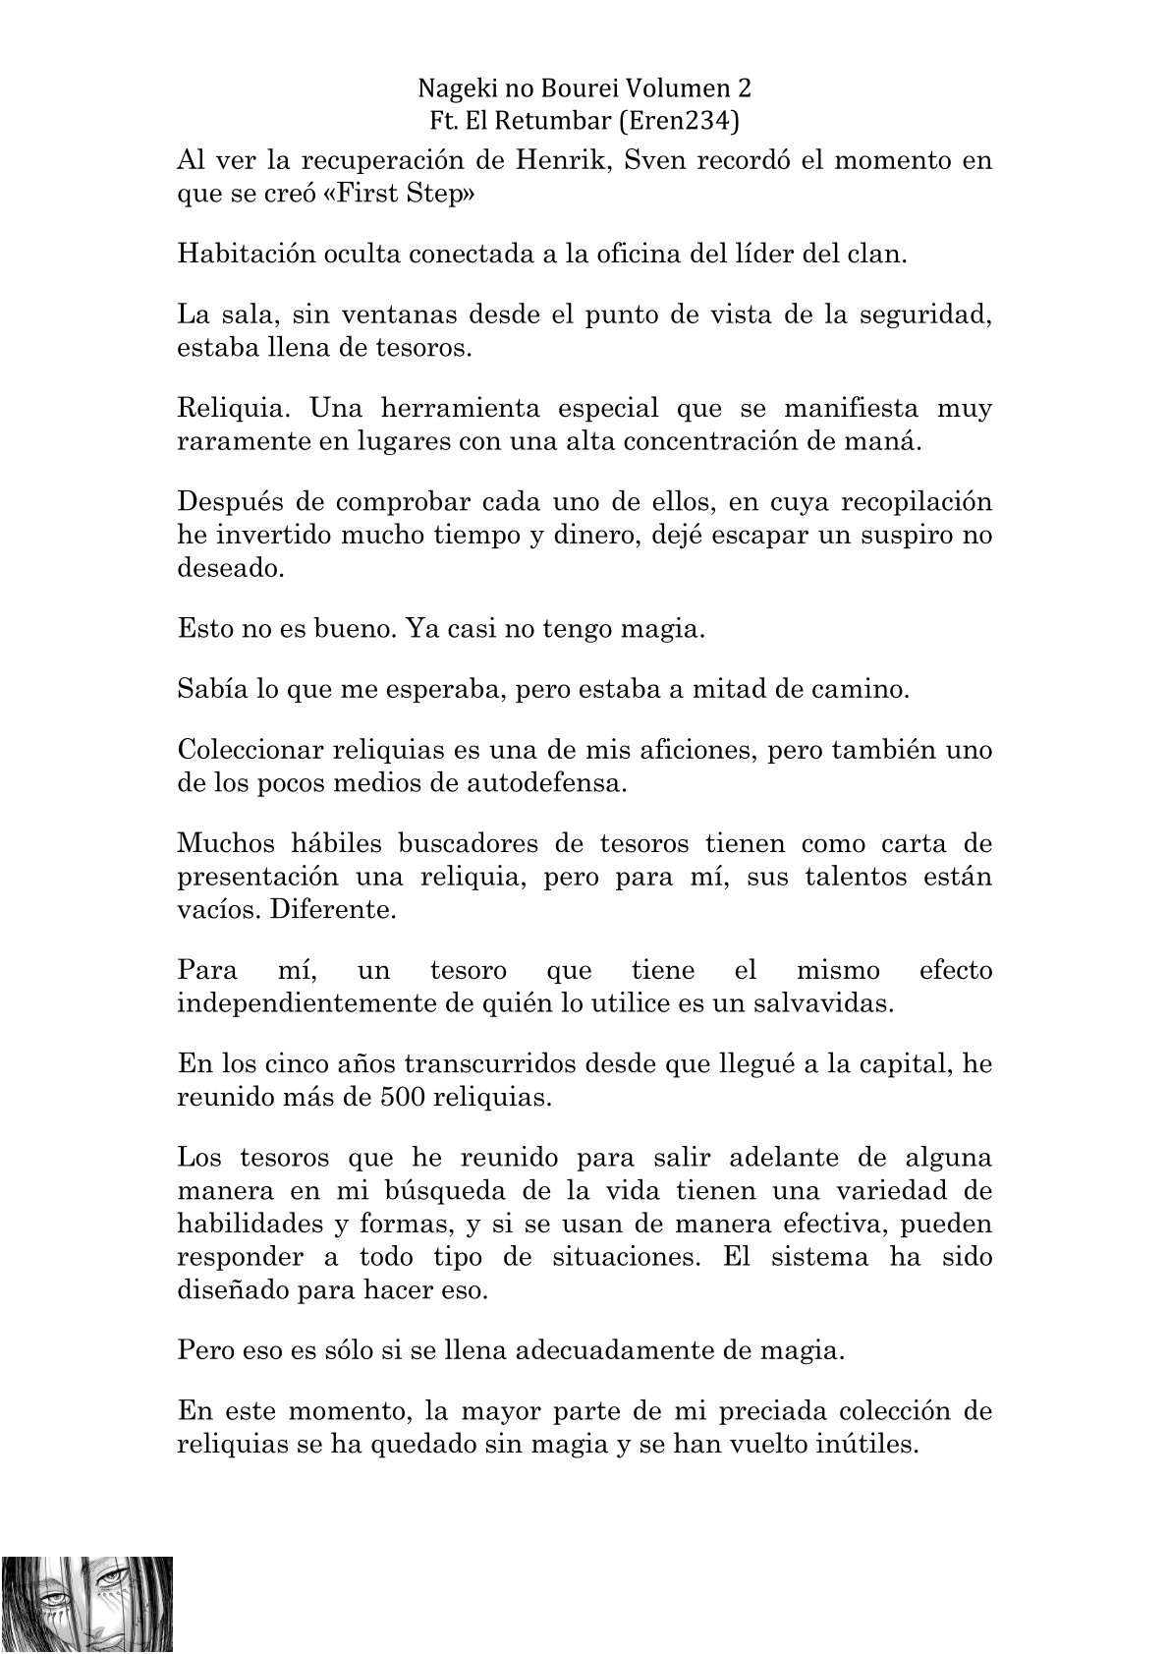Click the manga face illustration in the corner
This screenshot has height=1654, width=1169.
88,1603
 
